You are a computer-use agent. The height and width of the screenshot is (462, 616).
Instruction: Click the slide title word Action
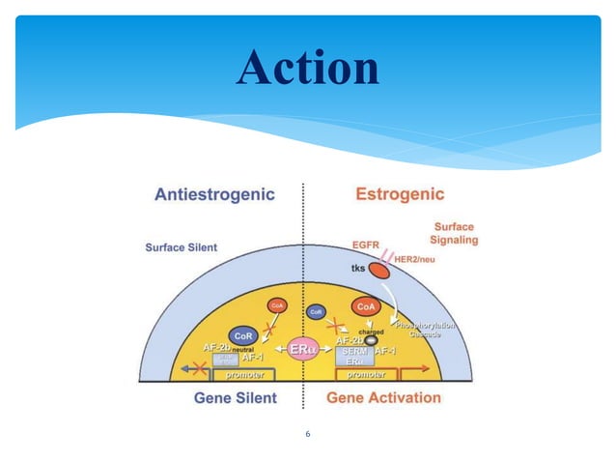pyautogui.click(x=308, y=68)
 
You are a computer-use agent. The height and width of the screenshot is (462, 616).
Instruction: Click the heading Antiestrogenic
pyautogui.click(x=214, y=194)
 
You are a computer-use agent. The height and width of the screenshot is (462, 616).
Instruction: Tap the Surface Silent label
pyautogui.click(x=182, y=247)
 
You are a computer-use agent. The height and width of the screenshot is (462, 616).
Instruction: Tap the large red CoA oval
pyautogui.click(x=367, y=308)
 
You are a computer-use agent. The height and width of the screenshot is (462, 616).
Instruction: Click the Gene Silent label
pyautogui.click(x=236, y=397)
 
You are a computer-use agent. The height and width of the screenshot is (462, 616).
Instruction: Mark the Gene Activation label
pyautogui.click(x=384, y=397)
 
